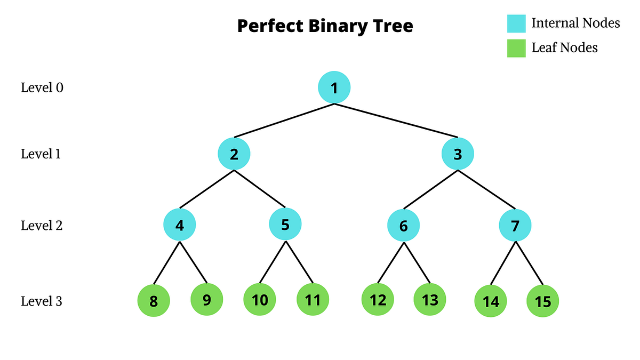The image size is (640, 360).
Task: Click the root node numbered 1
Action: (334, 88)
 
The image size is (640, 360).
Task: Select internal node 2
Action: (234, 155)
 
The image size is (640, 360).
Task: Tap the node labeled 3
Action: (458, 155)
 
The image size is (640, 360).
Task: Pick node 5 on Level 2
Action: (285, 225)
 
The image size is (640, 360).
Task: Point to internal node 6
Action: (403, 226)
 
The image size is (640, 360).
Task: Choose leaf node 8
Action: (154, 301)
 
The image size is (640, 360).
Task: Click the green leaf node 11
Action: (313, 300)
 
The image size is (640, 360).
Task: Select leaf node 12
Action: (378, 300)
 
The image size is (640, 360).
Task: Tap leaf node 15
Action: (542, 301)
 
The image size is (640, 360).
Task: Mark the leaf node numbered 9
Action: (206, 300)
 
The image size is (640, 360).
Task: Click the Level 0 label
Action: (42, 87)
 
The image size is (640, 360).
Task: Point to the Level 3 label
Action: (42, 301)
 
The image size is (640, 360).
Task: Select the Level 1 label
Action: (42, 154)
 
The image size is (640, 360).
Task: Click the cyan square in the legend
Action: (516, 24)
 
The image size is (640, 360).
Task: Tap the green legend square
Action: (516, 49)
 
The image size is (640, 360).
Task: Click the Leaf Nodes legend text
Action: (564, 48)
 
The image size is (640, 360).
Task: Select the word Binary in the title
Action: (341, 26)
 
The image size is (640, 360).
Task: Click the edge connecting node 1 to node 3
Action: (396, 121)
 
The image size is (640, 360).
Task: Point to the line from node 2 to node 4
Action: (207, 189)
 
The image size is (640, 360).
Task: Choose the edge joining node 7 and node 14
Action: (503, 263)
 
